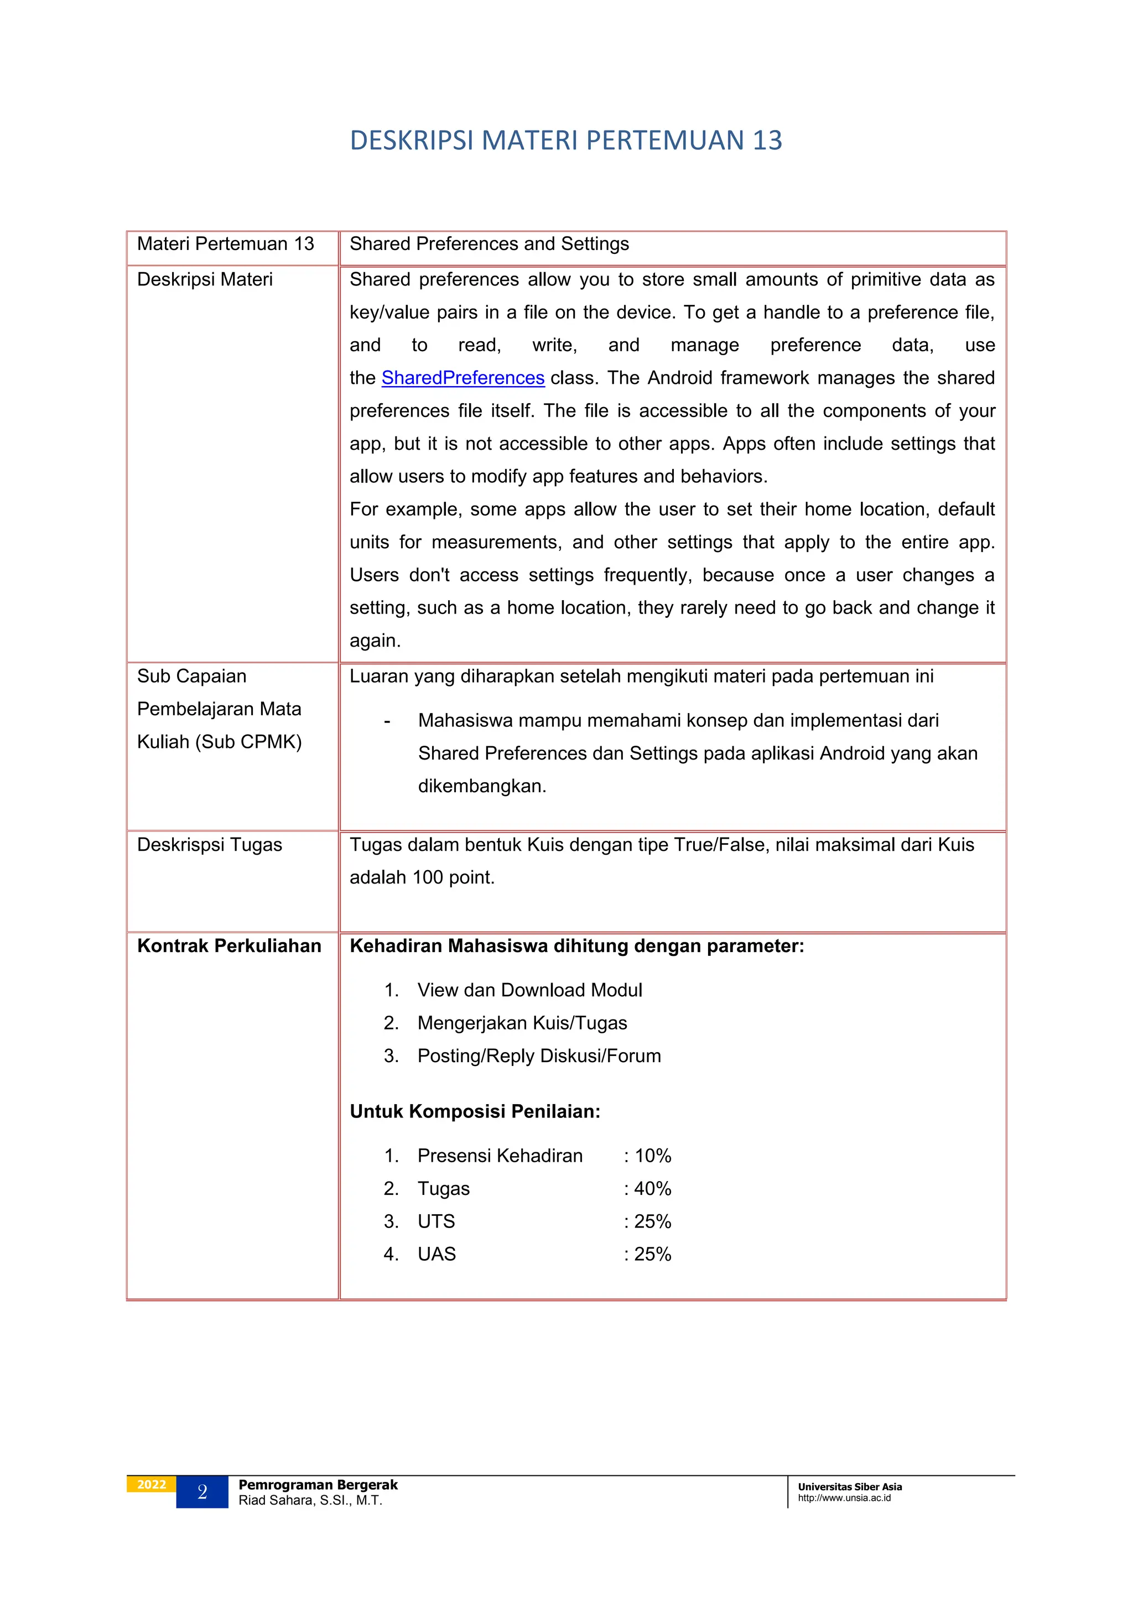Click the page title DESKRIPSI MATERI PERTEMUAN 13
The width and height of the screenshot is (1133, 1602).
[566, 141]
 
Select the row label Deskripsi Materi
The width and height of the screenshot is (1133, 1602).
[204, 279]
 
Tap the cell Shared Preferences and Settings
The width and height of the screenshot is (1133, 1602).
[489, 243]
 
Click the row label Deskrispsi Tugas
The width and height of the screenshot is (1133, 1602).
[209, 844]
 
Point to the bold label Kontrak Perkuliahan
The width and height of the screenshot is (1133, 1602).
[229, 945]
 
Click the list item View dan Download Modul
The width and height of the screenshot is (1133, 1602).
[529, 990]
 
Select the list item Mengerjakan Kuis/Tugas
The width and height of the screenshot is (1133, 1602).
[522, 1022]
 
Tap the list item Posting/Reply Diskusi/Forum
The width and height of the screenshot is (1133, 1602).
[539, 1055]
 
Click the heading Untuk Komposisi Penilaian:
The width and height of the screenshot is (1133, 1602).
[475, 1111]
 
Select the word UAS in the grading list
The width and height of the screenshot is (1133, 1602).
[436, 1254]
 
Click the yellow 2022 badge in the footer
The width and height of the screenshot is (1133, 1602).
[152, 1484]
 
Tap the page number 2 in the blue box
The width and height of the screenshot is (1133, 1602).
[202, 1492]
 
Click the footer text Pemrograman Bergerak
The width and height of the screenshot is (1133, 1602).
[318, 1485]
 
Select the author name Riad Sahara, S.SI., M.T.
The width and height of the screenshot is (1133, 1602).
[310, 1500]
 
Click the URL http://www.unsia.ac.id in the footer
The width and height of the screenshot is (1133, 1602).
[844, 1498]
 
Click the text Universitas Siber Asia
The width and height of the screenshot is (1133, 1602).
[850, 1487]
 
